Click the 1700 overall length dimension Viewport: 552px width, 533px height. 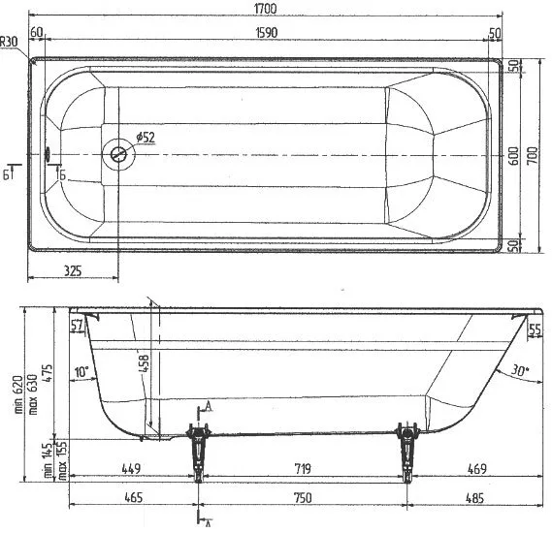(265, 9)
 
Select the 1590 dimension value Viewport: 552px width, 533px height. (267, 33)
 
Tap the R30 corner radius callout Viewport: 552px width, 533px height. (8, 43)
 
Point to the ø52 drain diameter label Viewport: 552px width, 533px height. (146, 137)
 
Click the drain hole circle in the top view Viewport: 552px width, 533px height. (118, 154)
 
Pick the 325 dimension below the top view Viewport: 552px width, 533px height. (73, 270)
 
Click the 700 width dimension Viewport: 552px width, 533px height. (533, 156)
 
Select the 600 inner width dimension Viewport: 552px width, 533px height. (514, 156)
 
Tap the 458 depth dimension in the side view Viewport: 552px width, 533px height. (145, 362)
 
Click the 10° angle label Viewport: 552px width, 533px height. (81, 371)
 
